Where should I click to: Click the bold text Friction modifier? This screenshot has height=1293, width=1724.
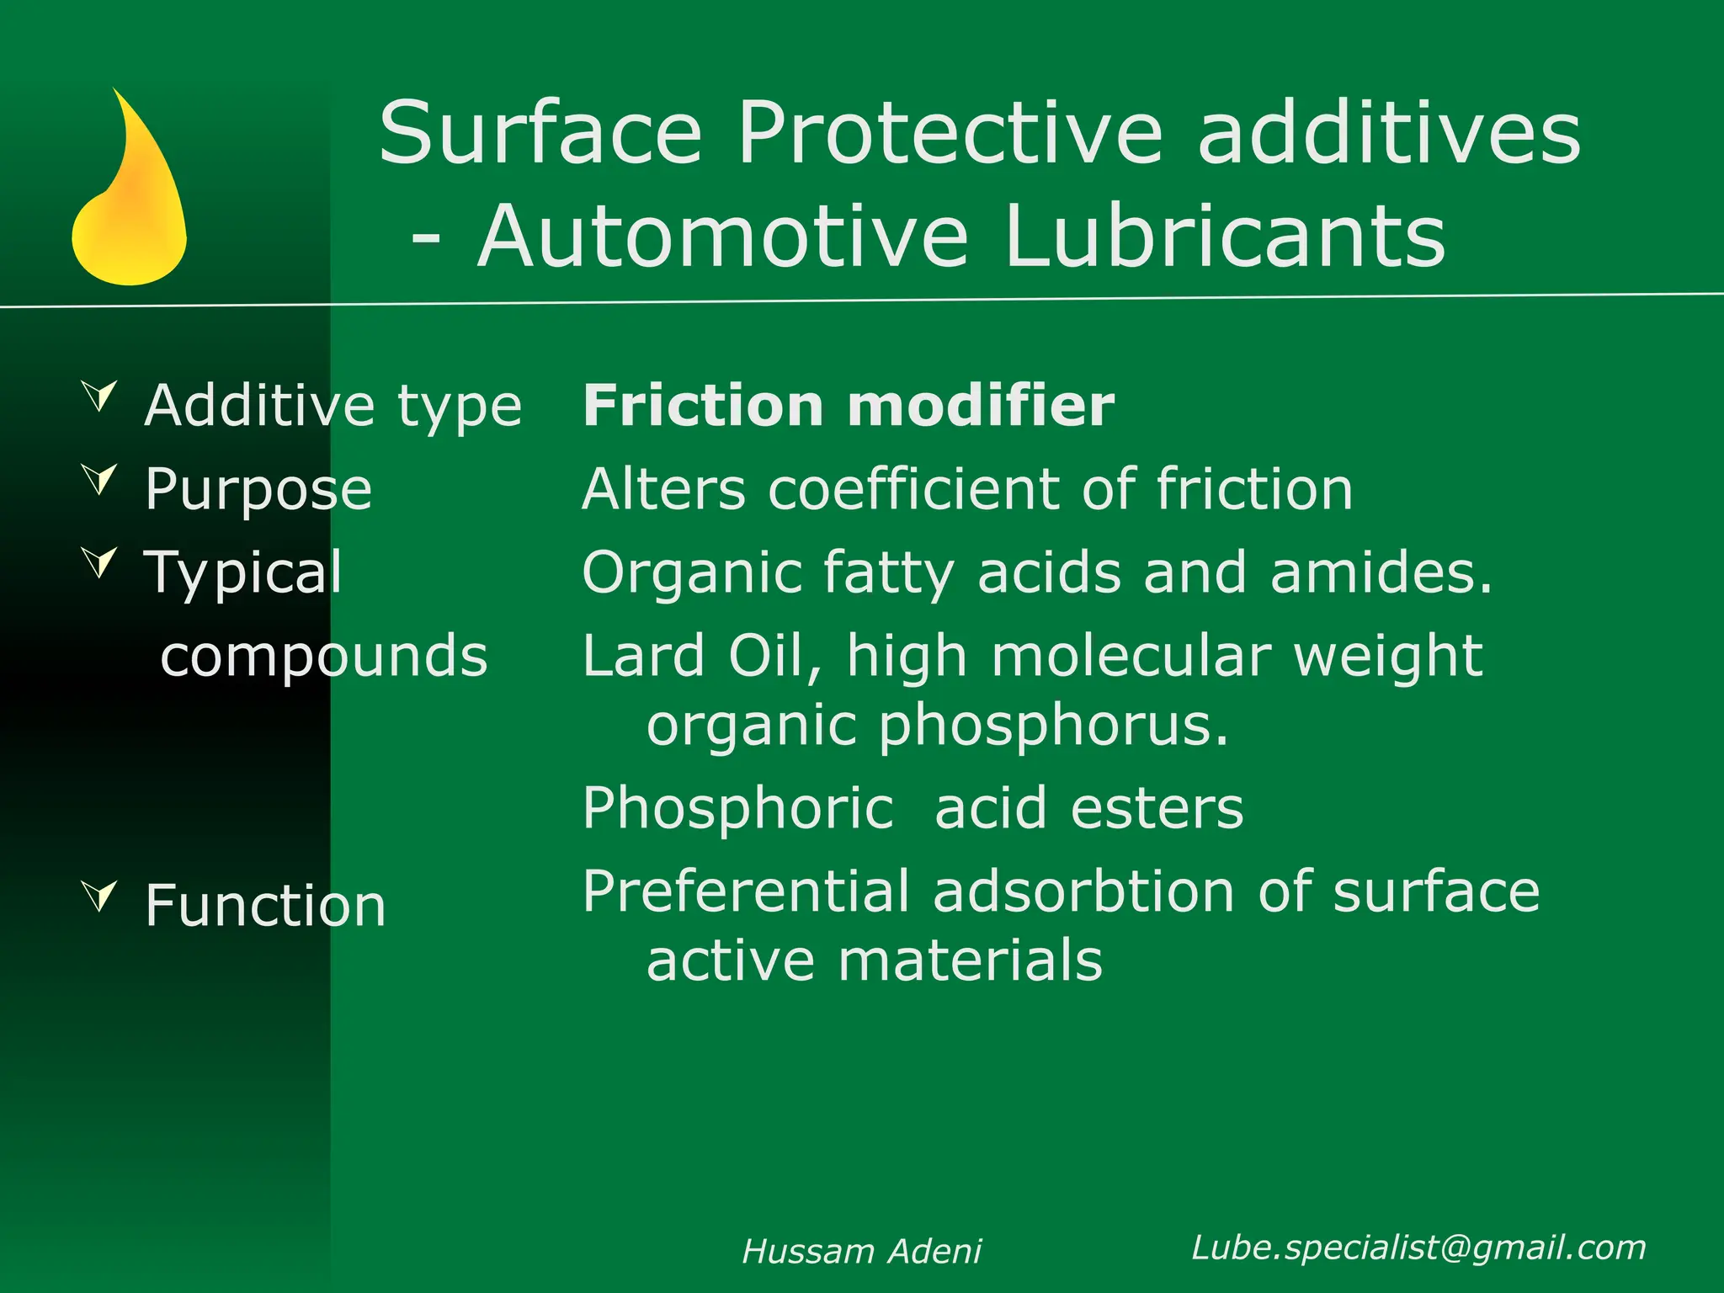pyautogui.click(x=849, y=406)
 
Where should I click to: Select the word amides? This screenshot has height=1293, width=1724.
pyautogui.click(x=1381, y=572)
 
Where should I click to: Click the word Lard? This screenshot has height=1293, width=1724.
pyautogui.click(x=644, y=656)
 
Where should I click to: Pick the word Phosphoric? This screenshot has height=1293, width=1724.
pyautogui.click(x=738, y=808)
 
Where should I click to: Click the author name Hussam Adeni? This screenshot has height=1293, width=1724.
pyautogui.click(x=861, y=1252)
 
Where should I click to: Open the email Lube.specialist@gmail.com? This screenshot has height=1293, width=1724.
pyautogui.click(x=1418, y=1248)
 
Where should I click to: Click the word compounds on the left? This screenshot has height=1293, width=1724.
pyautogui.click(x=324, y=657)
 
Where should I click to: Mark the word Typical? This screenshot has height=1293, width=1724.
pyautogui.click(x=243, y=573)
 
